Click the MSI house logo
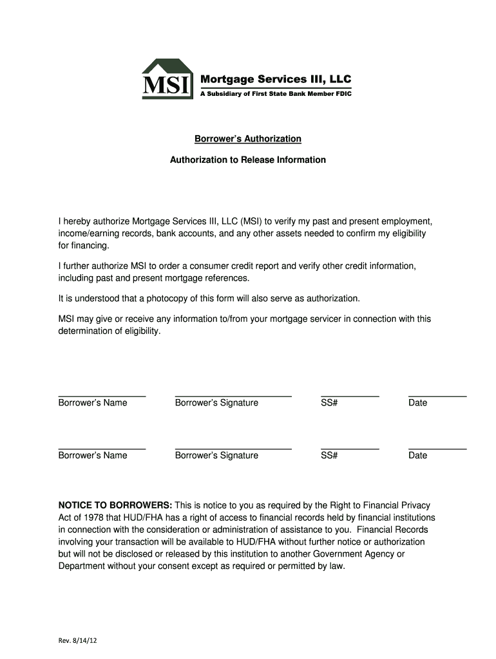pos(167,79)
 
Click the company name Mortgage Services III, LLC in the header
pos(277,79)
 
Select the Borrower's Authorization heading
pos(248,139)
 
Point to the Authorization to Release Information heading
pos(248,160)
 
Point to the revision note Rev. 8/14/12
pos(77,641)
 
